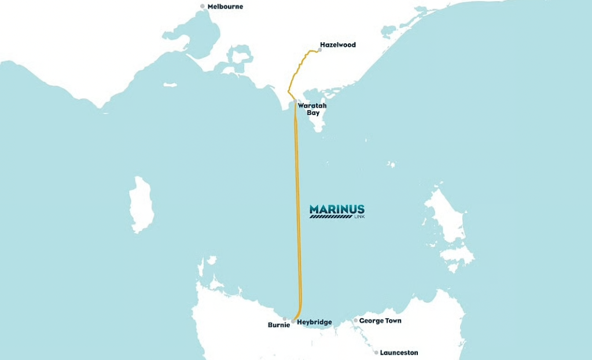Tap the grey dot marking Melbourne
(203, 6)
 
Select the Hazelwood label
(337, 45)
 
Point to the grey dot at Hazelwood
(319, 50)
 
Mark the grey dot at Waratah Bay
(295, 102)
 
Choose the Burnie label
(278, 325)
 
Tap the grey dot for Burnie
(284, 318)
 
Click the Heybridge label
(314, 322)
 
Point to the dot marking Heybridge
(293, 321)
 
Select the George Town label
(380, 321)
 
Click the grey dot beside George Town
(355, 320)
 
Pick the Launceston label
(399, 352)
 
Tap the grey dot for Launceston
(376, 352)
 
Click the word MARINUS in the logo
(337, 209)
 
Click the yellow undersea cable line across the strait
(298, 203)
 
